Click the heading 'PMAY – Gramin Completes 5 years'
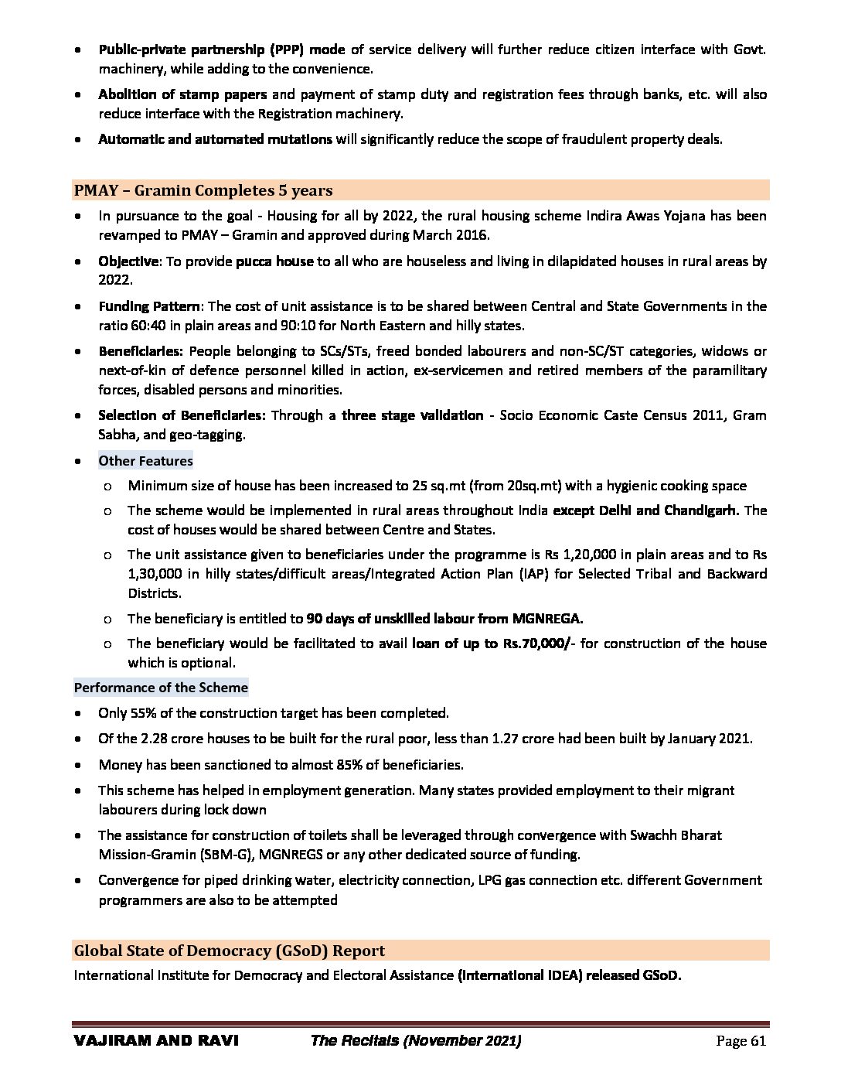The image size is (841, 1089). pyautogui.click(x=203, y=190)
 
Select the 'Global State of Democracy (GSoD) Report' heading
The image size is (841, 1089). pyautogui.click(x=229, y=951)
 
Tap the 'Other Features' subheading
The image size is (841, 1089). pyautogui.click(x=145, y=461)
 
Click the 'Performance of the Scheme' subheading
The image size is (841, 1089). pyautogui.click(x=161, y=688)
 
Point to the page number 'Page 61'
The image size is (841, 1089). pyautogui.click(x=741, y=1041)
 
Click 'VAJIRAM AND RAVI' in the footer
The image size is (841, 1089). pyautogui.click(x=155, y=1041)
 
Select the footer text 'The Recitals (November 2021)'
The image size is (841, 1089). pyautogui.click(x=415, y=1041)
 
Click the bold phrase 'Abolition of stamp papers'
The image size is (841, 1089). pyautogui.click(x=182, y=94)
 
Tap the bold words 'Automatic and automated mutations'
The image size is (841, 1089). pyautogui.click(x=215, y=139)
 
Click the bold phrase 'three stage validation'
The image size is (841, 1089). pyautogui.click(x=412, y=415)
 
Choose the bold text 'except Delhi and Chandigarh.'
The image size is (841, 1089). pyautogui.click(x=646, y=510)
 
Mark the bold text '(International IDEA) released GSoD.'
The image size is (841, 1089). pyautogui.click(x=569, y=975)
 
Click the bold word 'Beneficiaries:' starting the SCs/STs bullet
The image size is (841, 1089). pyautogui.click(x=140, y=351)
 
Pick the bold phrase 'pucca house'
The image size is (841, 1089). pyautogui.click(x=274, y=261)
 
